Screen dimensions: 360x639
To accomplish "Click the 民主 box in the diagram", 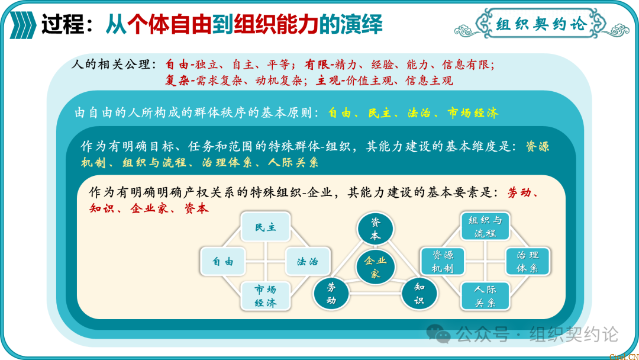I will tap(266, 227).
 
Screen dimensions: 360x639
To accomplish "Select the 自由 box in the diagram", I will tap(223, 261).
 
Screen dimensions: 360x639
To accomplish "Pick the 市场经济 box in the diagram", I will tap(266, 295).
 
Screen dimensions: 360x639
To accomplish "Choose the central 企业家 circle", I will tap(375, 267).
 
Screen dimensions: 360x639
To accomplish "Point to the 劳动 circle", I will tap(331, 293).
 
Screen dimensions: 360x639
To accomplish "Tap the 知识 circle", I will tap(419, 293).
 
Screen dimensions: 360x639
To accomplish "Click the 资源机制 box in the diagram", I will tap(443, 262).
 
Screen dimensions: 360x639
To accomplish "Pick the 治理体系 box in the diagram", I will tap(527, 262).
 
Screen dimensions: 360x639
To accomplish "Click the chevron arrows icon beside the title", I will tap(22, 25).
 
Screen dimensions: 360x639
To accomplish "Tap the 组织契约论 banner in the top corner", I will tap(541, 24).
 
